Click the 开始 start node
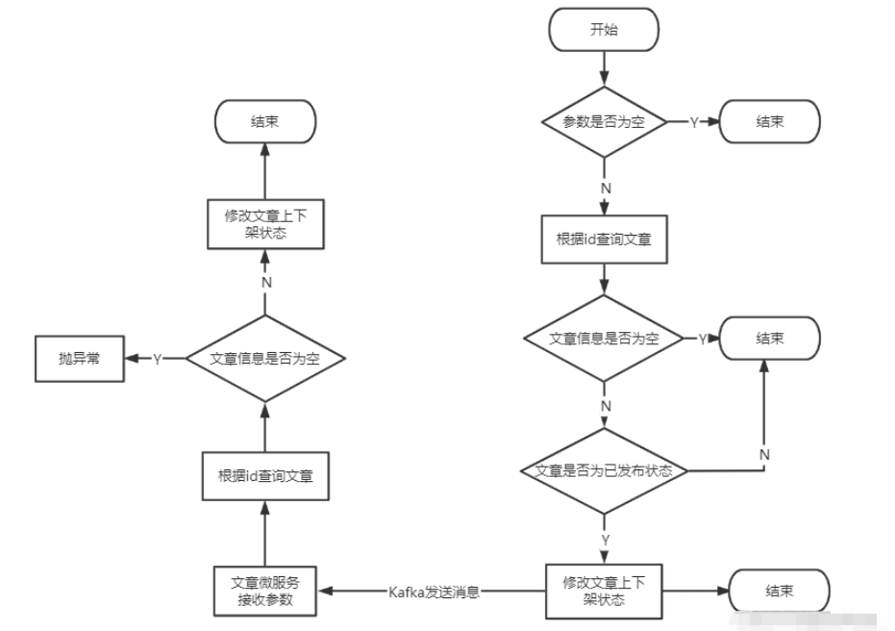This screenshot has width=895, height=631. tap(604, 30)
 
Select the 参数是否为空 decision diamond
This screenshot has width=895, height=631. tap(604, 122)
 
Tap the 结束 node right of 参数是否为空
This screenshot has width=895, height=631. tap(769, 122)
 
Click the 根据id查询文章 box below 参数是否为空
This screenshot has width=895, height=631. tap(604, 239)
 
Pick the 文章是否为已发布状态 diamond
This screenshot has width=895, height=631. tap(604, 471)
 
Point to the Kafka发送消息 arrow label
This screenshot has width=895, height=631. tap(434, 592)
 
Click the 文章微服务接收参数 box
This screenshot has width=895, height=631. tap(264, 591)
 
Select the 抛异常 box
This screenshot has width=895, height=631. tap(78, 358)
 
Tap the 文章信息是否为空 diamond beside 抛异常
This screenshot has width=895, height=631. tap(264, 358)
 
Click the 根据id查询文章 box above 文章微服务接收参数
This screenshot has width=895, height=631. tap(264, 475)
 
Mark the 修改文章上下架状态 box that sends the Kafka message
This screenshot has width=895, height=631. tap(604, 591)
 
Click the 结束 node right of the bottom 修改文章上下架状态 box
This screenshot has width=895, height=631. tap(780, 591)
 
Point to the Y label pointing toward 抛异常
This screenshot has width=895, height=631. tap(157, 358)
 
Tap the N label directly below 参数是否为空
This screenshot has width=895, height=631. tap(605, 188)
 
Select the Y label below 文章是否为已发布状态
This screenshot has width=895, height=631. tap(605, 540)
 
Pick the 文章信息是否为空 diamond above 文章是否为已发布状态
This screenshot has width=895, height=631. tap(604, 339)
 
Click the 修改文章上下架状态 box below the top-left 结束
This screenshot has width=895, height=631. tap(264, 225)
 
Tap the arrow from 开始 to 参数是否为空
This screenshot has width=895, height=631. tap(604, 67)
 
